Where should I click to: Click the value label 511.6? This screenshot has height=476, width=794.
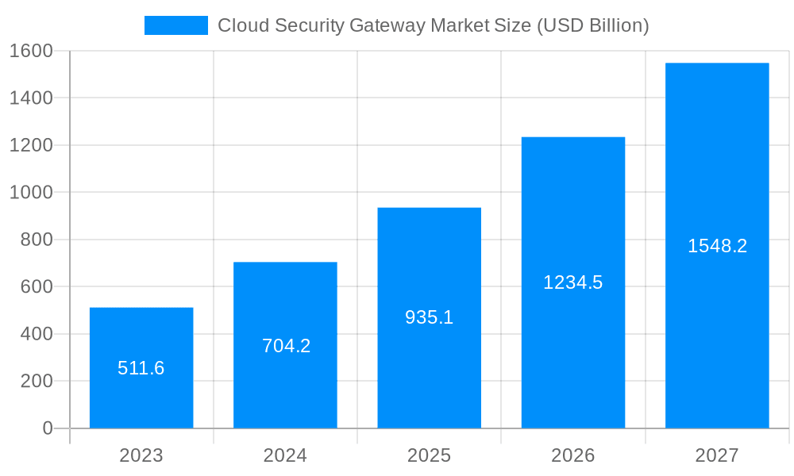141,368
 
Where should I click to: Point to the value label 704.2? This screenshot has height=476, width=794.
286,346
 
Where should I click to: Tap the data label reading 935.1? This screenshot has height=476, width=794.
429,317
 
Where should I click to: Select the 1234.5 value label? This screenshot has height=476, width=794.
572,282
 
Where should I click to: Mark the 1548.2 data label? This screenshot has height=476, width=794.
717,246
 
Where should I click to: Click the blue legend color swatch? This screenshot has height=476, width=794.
175,25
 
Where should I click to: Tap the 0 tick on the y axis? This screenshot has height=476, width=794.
47,428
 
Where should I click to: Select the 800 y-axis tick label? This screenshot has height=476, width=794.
37,240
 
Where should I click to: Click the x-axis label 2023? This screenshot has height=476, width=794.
141,455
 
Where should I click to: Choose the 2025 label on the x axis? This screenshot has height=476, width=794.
429,455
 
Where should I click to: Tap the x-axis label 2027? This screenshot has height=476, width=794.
717,455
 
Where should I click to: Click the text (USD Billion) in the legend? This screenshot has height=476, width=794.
593,25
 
